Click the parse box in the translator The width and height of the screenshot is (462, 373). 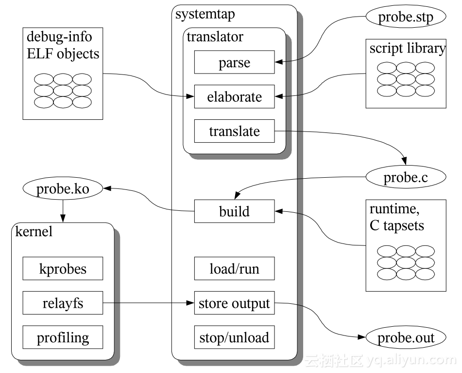tap(234, 63)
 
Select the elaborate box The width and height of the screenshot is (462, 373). tap(234, 97)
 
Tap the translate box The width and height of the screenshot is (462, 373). tap(234, 131)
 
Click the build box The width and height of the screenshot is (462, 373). tap(234, 211)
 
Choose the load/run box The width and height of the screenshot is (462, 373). tap(234, 269)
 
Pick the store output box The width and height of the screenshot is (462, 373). tap(234, 304)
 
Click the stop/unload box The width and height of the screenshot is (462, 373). tap(234, 337)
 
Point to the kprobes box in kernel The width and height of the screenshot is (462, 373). tap(63, 269)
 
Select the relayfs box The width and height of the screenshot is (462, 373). tap(63, 303)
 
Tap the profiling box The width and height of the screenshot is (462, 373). tap(63, 337)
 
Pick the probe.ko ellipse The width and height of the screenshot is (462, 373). tap(63, 189)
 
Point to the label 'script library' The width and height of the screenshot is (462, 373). tap(407, 49)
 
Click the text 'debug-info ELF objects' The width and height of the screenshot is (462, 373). tap(63, 45)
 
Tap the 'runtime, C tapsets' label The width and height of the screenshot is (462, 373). tap(397, 218)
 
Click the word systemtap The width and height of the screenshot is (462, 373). tap(205, 14)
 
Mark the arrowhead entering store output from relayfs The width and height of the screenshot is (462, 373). tap(190, 304)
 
